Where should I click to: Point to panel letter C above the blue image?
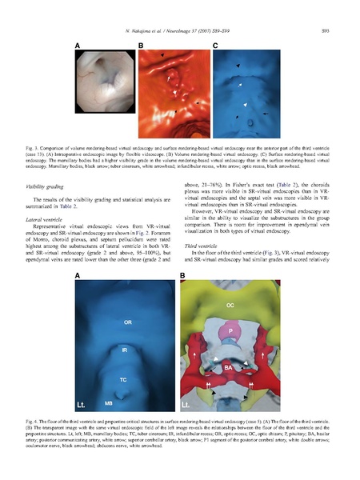[x=215, y=47]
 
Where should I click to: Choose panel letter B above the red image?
[x=141, y=47]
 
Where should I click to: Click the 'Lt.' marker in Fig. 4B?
[x=188, y=406]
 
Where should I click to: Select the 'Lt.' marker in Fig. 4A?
[x=84, y=404]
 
